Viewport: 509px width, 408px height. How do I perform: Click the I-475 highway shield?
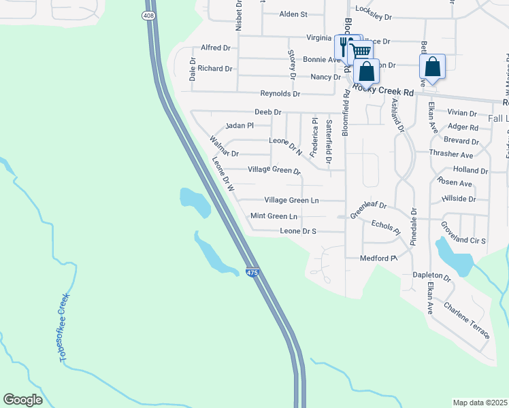point(252,273)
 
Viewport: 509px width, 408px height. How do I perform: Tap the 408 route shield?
point(148,14)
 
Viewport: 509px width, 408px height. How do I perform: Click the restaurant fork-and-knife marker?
point(344,46)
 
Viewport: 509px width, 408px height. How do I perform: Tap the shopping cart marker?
point(361,51)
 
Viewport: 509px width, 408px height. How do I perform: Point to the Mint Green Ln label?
point(274,216)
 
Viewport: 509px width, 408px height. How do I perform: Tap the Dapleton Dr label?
point(432,278)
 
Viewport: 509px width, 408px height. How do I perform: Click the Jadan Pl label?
point(239,126)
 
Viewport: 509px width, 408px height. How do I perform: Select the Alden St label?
point(293,14)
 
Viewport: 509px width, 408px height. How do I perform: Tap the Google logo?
point(22,400)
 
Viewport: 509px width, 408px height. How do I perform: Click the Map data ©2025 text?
point(480,403)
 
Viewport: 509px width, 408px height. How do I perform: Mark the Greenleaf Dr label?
point(368,206)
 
